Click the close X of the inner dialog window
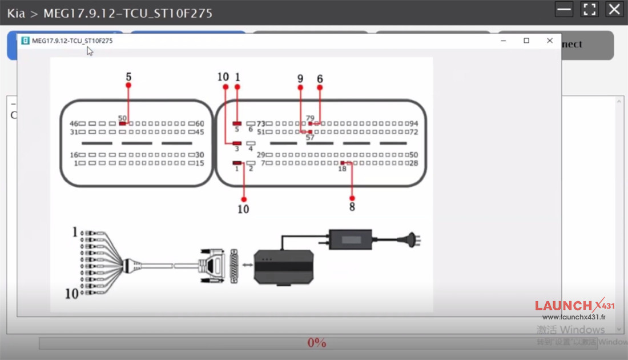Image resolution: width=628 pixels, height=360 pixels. [549, 41]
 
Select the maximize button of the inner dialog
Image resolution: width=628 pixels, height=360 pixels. [526, 41]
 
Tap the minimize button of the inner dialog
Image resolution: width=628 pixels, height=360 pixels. [504, 41]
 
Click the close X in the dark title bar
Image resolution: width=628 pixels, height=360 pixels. [614, 10]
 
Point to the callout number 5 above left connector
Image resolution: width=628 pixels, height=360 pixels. [128, 76]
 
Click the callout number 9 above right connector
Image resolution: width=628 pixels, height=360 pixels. [300, 78]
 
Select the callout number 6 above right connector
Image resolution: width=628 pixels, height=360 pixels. [320, 78]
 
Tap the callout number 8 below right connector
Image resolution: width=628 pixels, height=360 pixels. [352, 207]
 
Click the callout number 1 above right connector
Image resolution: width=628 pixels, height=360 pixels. [237, 77]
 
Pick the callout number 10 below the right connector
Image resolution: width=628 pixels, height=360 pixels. [243, 209]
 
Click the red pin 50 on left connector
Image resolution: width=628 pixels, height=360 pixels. [123, 123]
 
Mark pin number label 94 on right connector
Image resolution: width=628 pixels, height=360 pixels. [414, 124]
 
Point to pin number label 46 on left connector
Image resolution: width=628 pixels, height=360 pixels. [74, 124]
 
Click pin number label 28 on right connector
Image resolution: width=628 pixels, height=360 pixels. [414, 164]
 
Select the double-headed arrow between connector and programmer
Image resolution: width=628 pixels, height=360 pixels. [246, 265]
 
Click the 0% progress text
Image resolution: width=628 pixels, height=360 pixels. [316, 343]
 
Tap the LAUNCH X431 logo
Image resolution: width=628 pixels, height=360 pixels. [574, 306]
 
